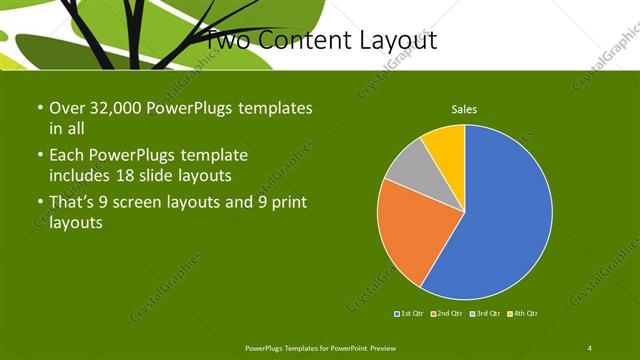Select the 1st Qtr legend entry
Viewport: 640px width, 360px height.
coord(409,314)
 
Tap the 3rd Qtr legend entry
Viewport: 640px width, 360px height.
coord(484,314)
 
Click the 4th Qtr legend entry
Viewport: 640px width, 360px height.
coord(522,314)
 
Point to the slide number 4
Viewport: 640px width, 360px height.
coord(589,347)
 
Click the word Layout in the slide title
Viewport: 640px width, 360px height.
coord(401,41)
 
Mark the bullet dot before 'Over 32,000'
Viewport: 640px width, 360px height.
coord(38,107)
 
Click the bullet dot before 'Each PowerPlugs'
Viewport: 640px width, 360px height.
coord(38,155)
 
